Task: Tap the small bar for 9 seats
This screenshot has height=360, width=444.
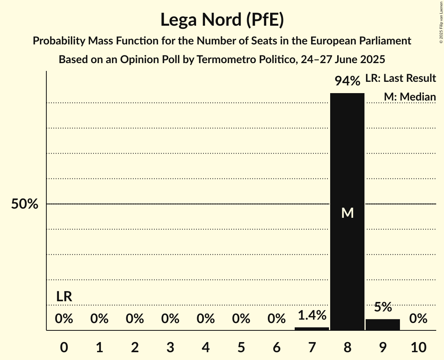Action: click(382, 325)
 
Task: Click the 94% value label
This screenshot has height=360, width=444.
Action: click(347, 81)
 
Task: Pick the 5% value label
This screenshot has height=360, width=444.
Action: click(382, 307)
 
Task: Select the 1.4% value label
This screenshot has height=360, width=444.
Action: click(311, 315)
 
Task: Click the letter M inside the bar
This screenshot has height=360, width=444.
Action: click(347, 213)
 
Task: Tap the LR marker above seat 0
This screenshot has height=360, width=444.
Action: click(64, 296)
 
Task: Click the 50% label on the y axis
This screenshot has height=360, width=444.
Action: click(25, 204)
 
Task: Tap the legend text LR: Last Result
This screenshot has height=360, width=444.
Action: click(400, 78)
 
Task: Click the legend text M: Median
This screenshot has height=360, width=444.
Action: click(410, 97)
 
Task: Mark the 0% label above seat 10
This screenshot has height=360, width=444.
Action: click(418, 319)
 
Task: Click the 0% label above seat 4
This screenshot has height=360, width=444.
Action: click(205, 319)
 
